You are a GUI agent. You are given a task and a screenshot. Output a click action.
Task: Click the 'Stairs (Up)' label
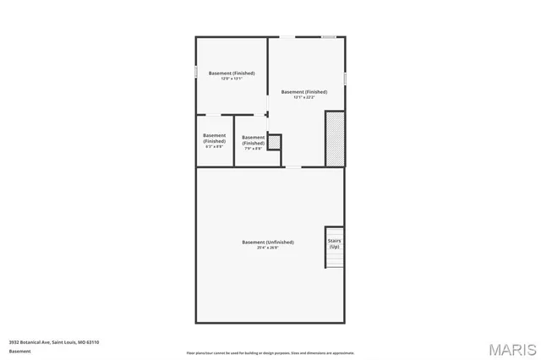coord(335,243)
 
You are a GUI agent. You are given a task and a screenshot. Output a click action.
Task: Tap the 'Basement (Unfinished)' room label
coord(268,243)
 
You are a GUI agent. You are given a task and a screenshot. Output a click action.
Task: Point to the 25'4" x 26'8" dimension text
coord(268,248)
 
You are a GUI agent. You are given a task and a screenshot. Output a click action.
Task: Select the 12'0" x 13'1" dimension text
coord(232,79)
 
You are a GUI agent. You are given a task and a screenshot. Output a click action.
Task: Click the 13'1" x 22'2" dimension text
coord(304,97)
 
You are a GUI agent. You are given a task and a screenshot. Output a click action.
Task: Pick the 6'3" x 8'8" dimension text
coord(214,146)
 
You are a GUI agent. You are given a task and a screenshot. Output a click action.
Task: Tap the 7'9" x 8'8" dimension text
coord(253,148)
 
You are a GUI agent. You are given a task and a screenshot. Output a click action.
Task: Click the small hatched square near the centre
coord(274,142)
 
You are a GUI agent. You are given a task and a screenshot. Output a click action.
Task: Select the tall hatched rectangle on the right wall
coord(336,139)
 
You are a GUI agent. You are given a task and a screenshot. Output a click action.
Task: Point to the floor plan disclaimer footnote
coord(270,352)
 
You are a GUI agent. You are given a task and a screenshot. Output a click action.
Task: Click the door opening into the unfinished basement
coord(292,166)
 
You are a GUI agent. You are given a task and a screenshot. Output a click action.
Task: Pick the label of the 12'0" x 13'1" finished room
coord(232,73)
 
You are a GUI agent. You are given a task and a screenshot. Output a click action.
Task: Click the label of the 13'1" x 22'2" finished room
coord(304,91)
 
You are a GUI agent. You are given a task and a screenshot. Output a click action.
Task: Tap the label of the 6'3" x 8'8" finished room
coord(214,138)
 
